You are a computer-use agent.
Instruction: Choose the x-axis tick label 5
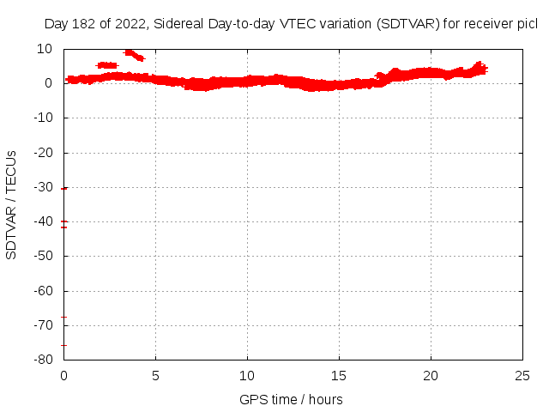point(155,376)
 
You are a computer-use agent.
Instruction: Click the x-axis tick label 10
point(247,376)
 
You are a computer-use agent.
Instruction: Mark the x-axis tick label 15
point(339,376)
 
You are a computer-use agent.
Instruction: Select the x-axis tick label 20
point(431,376)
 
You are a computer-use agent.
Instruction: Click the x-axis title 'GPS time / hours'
point(291,399)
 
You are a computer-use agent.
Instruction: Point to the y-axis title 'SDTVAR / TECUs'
point(12,204)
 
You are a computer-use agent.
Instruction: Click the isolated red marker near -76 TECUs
point(63,345)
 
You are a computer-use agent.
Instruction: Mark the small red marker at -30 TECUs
point(64,188)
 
